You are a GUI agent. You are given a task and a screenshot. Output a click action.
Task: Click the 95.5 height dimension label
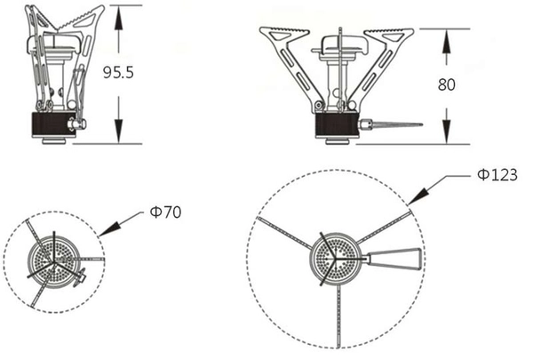click(118, 73)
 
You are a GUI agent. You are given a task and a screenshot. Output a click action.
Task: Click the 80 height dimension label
click(446, 84)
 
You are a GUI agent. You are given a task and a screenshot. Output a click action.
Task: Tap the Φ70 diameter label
click(166, 212)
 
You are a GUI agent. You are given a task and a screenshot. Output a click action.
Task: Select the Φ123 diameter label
click(497, 175)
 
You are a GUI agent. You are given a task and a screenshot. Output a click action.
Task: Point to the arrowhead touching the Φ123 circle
click(418, 196)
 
